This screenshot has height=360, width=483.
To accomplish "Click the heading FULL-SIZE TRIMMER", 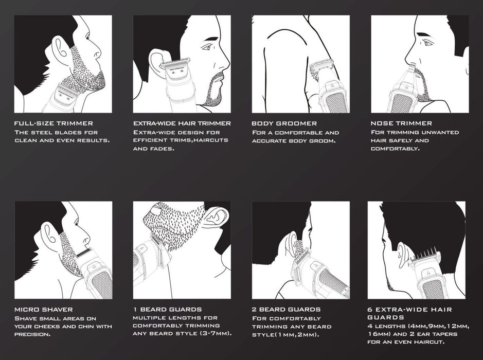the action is pos(53,123).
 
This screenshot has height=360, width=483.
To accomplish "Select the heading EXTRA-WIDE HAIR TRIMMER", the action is pos(182,123).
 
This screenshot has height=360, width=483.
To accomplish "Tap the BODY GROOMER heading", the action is pos(284,123).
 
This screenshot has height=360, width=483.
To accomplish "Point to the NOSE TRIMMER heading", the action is pos(401,123).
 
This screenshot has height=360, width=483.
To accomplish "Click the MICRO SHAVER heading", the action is pos(43,310).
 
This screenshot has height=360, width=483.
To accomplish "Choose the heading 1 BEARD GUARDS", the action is pos(167,310).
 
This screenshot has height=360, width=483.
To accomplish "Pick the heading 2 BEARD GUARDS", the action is pos(286,310).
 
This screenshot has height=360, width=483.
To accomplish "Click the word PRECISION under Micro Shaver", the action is pos(32,334).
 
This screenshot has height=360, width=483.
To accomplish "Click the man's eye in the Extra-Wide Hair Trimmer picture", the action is pos(206,47).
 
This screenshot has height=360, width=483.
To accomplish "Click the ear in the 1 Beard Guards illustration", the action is pos(216,216).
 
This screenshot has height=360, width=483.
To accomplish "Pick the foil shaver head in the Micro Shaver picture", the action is pos(84,253).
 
